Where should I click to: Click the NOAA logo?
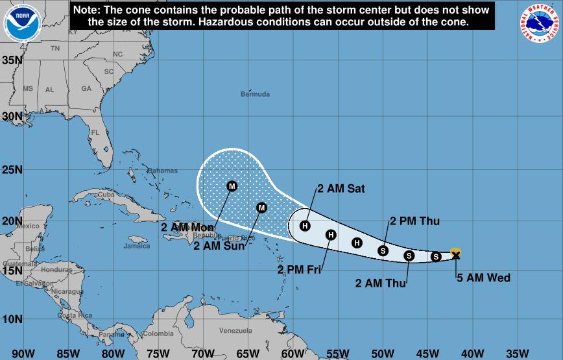pyautogui.click(x=22, y=22)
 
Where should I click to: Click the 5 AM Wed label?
pyautogui.click(x=483, y=278)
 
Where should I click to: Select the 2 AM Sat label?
pyautogui.click(x=341, y=189)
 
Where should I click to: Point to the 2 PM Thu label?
pyautogui.click(x=414, y=221)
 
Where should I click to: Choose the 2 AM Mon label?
pyautogui.click(x=187, y=228)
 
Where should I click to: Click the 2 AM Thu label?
pyautogui.click(x=381, y=283)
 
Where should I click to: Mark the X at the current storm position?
pyautogui.click(x=455, y=256)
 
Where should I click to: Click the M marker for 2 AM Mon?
pyautogui.click(x=232, y=186)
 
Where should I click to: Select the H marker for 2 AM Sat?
pyautogui.click(x=305, y=226)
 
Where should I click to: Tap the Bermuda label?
pyautogui.click(x=255, y=95)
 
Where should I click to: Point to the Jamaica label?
pyautogui.click(x=136, y=246)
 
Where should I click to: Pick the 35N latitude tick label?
pyautogui.click(x=13, y=60)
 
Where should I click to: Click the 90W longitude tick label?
pyautogui.click(x=23, y=354)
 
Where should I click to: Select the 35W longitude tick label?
pyautogui.click(x=517, y=354)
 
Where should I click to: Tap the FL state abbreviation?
pyautogui.click(x=95, y=132)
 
